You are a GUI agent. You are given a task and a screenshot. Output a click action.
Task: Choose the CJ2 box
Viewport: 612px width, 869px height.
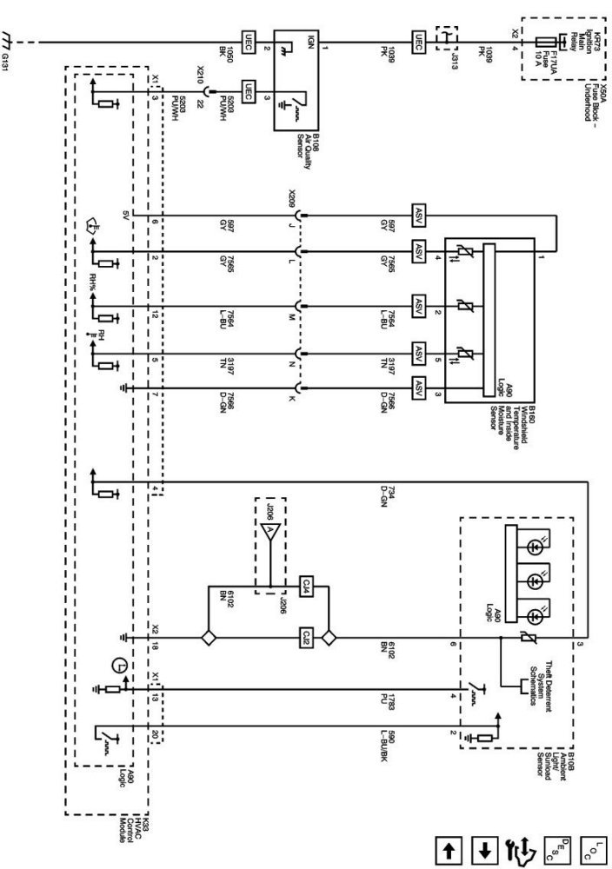point(306,636)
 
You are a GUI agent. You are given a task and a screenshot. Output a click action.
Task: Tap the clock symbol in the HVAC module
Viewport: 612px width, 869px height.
point(116,667)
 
